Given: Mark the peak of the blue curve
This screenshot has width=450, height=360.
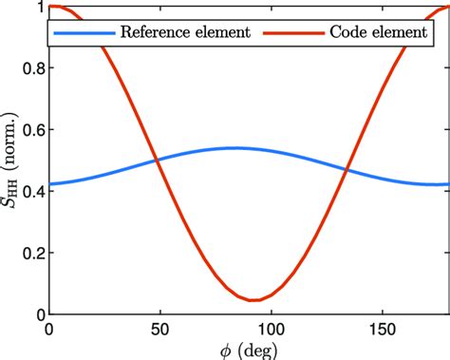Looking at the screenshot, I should click(234, 147).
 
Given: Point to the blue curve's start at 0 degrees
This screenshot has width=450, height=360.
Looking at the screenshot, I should click(49, 183).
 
